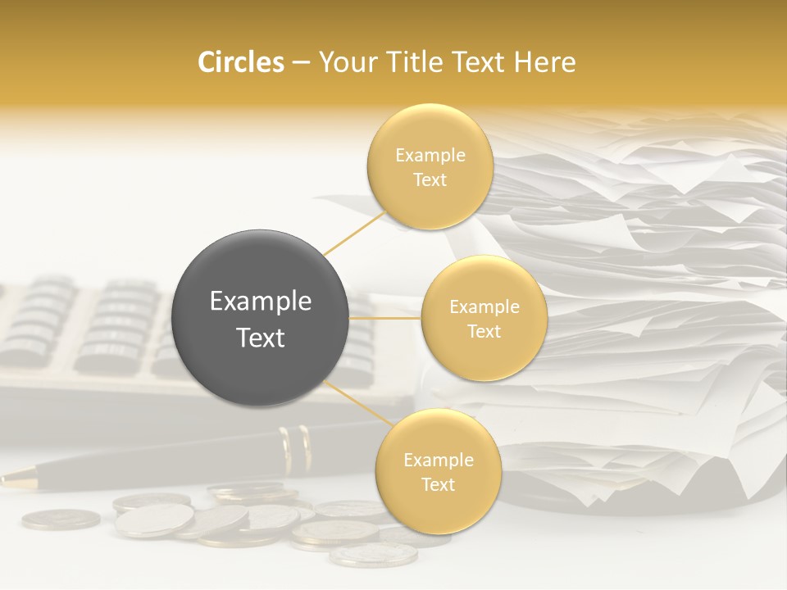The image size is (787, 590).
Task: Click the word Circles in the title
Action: click(x=241, y=62)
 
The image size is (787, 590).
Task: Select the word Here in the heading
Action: click(x=545, y=62)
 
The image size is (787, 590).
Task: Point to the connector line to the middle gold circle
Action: click(x=385, y=317)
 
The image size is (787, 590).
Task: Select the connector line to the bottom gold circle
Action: click(x=357, y=403)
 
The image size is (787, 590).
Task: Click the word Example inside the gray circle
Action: click(x=261, y=302)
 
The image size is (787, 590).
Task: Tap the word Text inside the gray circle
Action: click(x=261, y=338)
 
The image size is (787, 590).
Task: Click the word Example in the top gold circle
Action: click(x=430, y=155)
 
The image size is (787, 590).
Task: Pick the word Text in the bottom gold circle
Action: click(x=438, y=484)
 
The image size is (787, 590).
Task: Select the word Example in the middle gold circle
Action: click(x=484, y=306)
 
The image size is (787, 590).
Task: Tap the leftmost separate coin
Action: click(x=61, y=519)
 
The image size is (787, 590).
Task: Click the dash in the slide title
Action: click(x=301, y=63)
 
